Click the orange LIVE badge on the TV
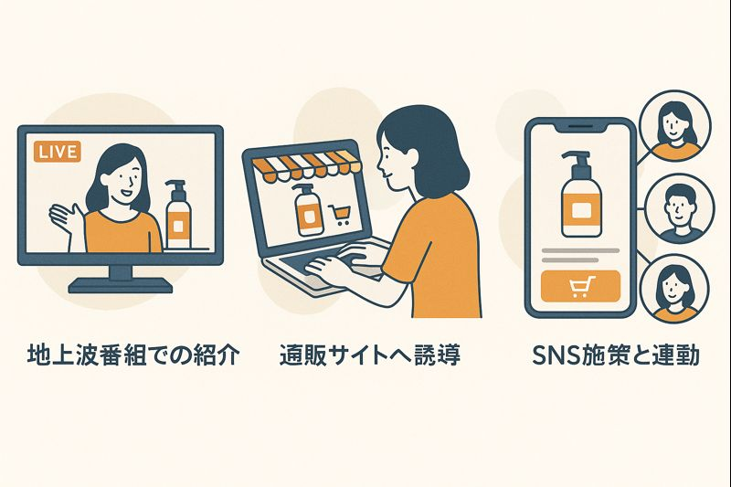point(58,152)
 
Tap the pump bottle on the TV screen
point(178,215)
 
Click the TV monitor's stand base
point(121,285)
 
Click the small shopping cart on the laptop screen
point(339,215)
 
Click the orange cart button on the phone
point(580,286)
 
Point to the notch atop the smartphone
point(580,126)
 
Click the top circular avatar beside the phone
point(675,126)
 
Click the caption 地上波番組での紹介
point(132,355)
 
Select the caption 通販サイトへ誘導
point(370,355)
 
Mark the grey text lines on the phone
point(580,256)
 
